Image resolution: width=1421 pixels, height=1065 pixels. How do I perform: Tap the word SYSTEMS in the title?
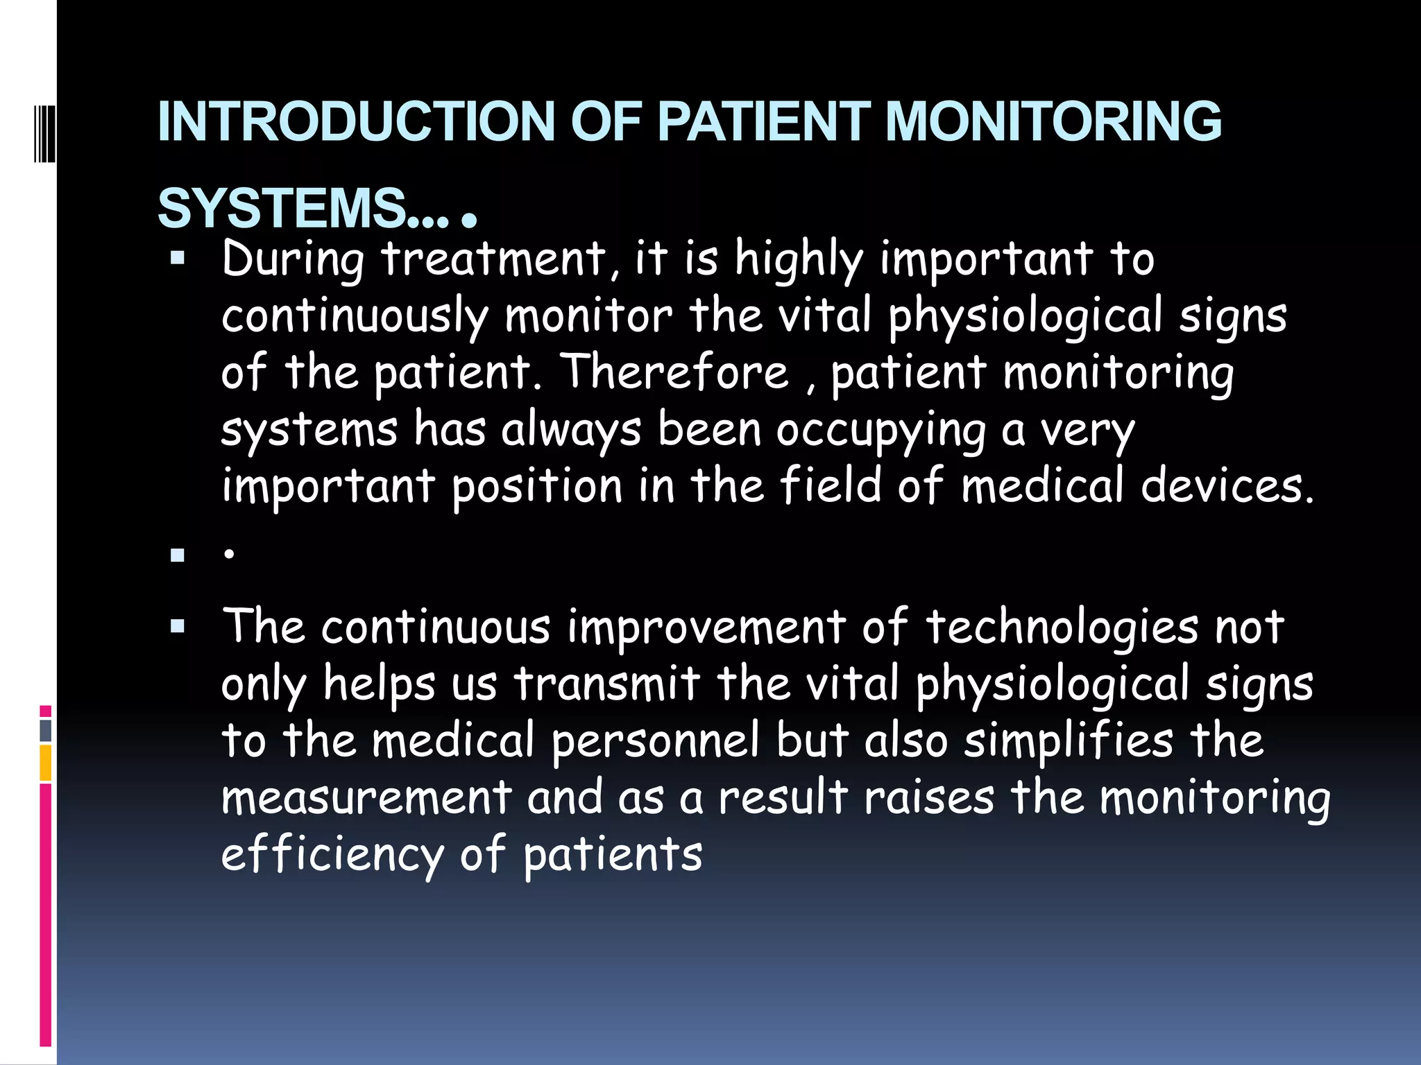282,208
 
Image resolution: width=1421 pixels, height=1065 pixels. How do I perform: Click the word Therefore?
674,372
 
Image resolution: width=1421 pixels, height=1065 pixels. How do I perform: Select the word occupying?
880,430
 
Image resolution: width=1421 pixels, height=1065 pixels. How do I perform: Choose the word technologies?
1062,627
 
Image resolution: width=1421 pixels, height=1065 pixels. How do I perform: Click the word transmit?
607,684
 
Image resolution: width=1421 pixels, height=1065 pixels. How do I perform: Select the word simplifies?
1069,741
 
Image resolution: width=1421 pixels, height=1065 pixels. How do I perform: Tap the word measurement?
366,797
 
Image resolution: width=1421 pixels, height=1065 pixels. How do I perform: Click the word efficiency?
332,854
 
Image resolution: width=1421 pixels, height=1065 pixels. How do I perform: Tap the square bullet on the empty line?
178,555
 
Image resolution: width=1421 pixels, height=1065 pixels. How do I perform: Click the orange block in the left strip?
46,763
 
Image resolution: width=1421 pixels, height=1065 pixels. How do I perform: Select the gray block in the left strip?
46,731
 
